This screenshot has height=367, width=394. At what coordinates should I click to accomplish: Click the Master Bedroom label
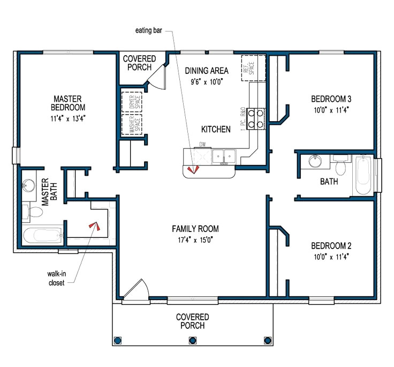[68, 103]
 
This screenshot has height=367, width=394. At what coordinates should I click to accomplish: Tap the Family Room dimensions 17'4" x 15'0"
[195, 240]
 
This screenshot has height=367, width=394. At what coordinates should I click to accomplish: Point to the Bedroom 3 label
[331, 99]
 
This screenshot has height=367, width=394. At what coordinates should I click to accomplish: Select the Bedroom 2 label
[331, 246]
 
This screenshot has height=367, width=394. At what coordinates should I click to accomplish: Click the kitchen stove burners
[256, 119]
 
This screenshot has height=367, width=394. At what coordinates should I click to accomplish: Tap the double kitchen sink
[224, 156]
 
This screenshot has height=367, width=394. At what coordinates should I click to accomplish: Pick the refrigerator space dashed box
[254, 68]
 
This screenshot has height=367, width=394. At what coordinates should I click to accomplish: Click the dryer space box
[132, 102]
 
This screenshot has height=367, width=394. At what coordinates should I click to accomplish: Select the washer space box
[132, 124]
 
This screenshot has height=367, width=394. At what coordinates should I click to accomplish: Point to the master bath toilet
[33, 213]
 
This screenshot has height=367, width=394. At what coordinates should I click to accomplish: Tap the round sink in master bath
[28, 185]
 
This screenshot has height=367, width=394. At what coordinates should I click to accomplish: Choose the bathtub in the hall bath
[363, 175]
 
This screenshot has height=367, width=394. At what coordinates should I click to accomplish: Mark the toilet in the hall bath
[341, 165]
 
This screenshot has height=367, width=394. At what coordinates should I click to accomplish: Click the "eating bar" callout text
[149, 31]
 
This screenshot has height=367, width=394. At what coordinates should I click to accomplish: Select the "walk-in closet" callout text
[57, 278]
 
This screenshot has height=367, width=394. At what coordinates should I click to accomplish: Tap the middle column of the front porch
[193, 341]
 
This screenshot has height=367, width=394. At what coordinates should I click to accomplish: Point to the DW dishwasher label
[202, 144]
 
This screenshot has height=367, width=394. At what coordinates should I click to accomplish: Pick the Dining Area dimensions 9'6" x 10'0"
[207, 82]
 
